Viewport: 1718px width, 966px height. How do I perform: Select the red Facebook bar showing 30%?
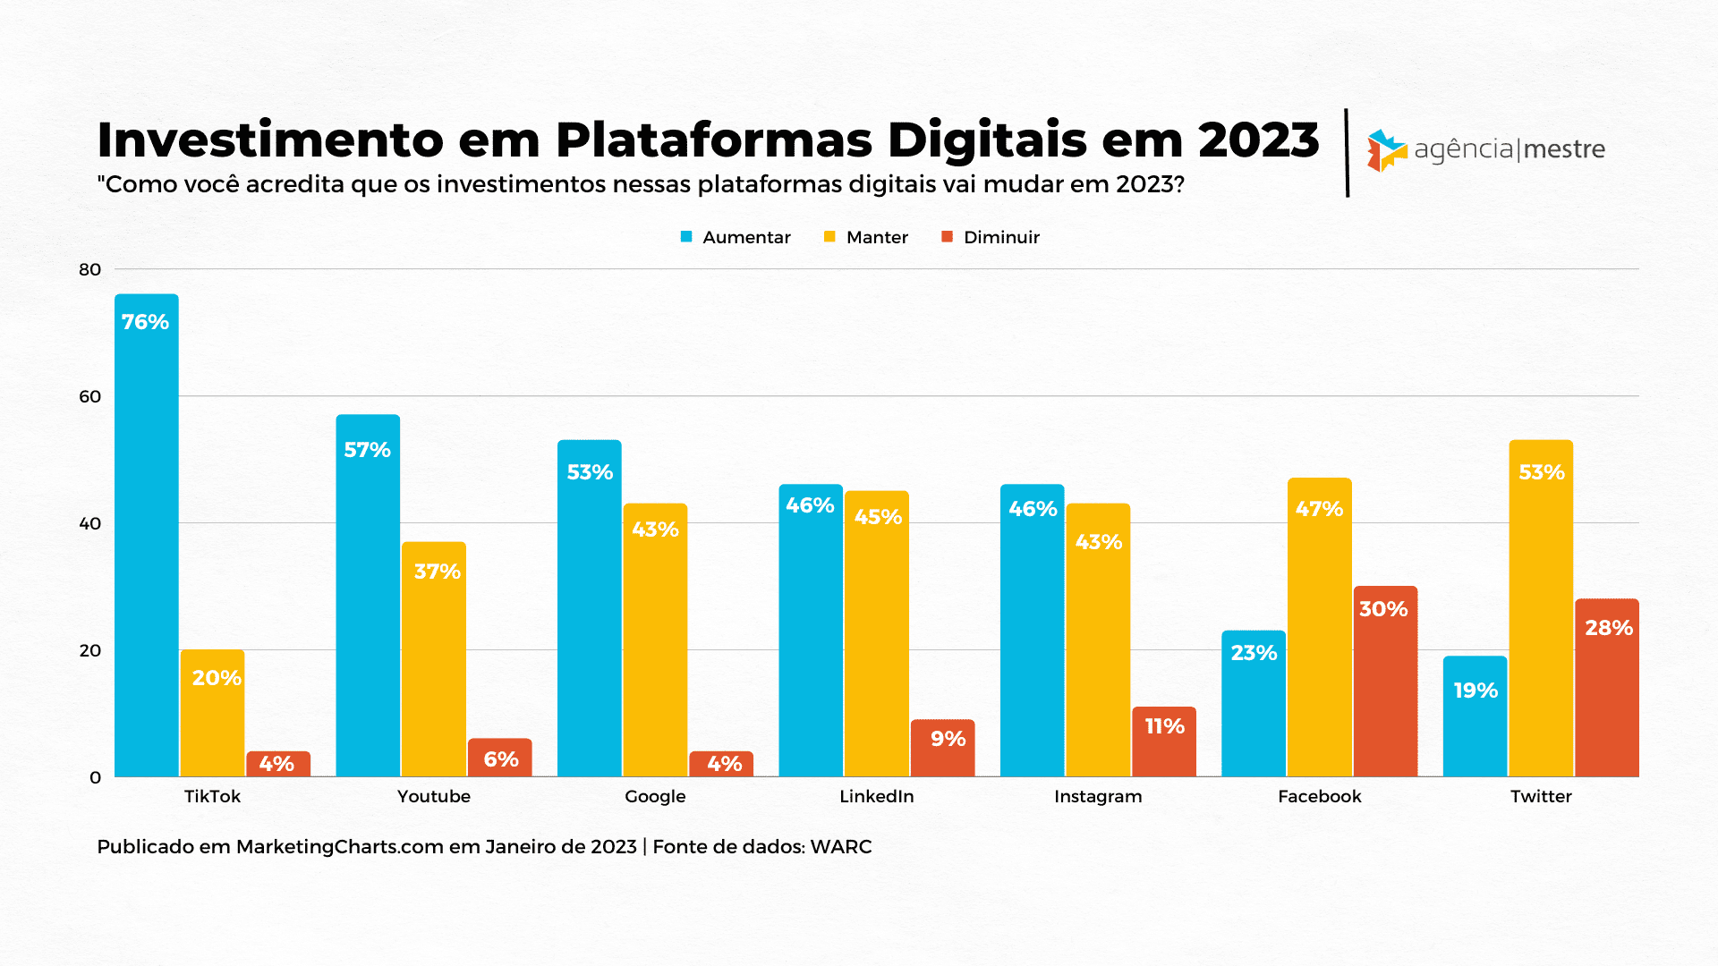click(x=1385, y=682)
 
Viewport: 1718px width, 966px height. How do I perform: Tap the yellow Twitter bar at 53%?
click(x=1541, y=608)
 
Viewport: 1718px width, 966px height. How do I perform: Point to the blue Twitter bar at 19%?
click(x=1475, y=716)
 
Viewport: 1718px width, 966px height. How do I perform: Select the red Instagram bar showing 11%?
click(x=1164, y=741)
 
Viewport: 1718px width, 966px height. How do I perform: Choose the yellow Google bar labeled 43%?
click(x=655, y=640)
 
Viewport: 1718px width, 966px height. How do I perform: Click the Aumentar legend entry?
click(x=736, y=237)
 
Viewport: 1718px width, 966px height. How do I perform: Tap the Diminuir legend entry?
click(x=991, y=237)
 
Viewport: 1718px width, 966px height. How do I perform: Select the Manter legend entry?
click(x=866, y=237)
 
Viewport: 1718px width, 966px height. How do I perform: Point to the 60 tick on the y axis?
click(x=90, y=396)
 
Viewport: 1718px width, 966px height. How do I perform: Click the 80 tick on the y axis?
click(x=90, y=269)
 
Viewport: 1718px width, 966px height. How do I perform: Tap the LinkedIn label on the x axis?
click(x=877, y=796)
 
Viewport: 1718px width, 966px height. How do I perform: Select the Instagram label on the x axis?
click(x=1098, y=796)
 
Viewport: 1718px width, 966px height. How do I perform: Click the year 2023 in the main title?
click(x=1258, y=140)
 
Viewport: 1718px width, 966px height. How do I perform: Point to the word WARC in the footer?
click(x=841, y=846)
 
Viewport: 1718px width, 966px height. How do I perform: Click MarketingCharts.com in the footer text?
click(x=340, y=846)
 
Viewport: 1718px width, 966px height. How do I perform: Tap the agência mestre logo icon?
click(x=1386, y=150)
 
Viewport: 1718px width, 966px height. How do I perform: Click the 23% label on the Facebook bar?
click(x=1254, y=653)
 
